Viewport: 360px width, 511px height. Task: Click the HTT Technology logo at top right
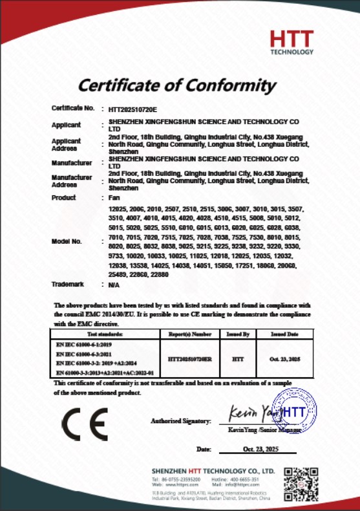tap(291, 42)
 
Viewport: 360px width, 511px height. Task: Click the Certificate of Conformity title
tap(177, 84)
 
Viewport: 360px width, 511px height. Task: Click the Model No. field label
tap(67, 241)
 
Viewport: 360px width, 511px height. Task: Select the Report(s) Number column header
tap(189, 334)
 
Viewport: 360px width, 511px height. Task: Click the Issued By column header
tap(238, 334)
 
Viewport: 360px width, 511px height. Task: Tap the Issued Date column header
tap(284, 334)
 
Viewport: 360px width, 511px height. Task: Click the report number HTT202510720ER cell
tap(189, 357)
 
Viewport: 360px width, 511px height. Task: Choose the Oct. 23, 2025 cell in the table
tap(284, 357)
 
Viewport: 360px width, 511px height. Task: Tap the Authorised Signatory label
tap(180, 421)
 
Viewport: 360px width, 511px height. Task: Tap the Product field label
tap(63, 197)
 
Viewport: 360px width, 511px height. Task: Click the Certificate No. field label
tap(73, 108)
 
